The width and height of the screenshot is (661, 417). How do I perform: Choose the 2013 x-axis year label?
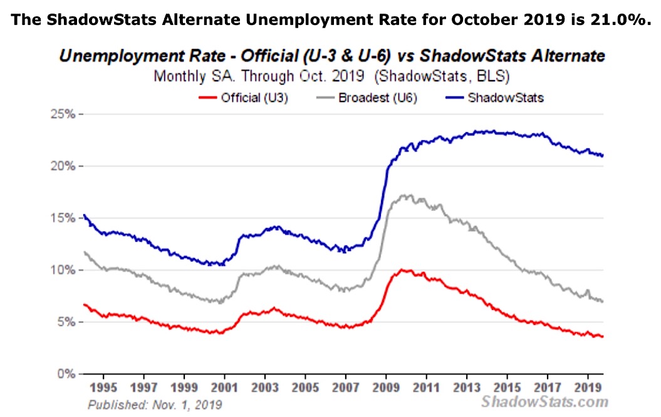click(467, 386)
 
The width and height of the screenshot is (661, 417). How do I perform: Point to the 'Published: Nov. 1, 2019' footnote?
click(155, 404)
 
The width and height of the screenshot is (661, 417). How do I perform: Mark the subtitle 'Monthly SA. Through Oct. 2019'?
click(258, 78)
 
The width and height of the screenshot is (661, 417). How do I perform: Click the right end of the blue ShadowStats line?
click(603, 156)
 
